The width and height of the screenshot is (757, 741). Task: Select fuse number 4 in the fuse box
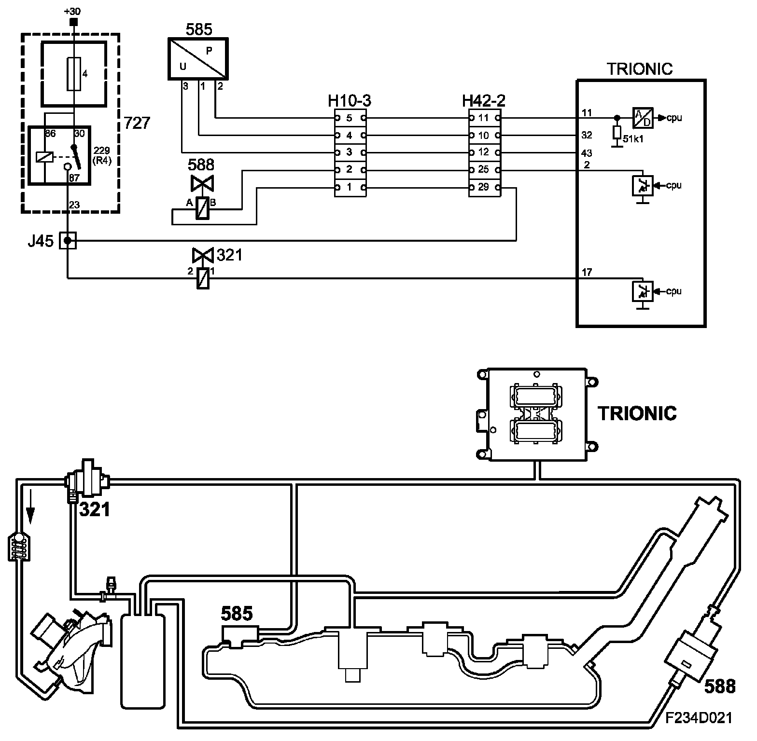click(x=74, y=74)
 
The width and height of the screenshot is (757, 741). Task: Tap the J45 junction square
click(x=68, y=240)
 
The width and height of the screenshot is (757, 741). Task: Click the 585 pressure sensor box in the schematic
click(x=197, y=59)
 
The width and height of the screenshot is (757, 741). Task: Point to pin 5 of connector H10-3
click(x=350, y=118)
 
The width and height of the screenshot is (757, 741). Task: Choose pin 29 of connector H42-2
click(x=484, y=187)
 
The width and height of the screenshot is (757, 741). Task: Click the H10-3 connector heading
click(x=350, y=101)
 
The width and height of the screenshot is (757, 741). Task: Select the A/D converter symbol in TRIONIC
click(x=642, y=118)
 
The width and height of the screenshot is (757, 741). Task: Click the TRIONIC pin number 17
click(x=587, y=273)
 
